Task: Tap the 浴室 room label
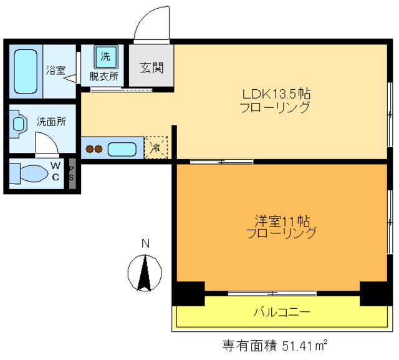[55, 70]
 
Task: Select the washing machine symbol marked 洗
[105, 58]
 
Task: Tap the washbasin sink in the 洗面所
[19, 124]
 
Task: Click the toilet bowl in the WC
[31, 173]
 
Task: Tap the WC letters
[55, 172]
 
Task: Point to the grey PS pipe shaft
[72, 173]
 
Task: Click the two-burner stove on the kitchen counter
[94, 149]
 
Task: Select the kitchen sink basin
[122, 149]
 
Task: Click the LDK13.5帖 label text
[276, 94]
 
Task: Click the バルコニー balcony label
[282, 312]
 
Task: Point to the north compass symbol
[145, 272]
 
